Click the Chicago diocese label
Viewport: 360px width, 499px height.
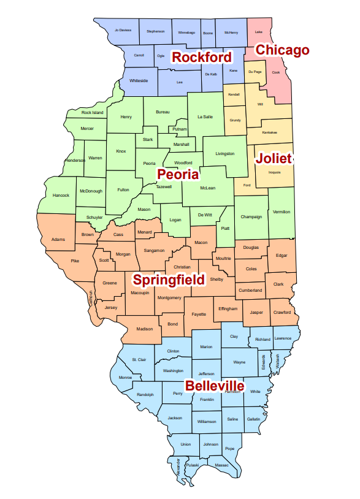click(282, 50)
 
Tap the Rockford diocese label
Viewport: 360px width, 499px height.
click(202, 58)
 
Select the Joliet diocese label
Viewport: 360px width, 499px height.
click(274, 158)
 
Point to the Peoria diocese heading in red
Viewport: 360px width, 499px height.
click(178, 174)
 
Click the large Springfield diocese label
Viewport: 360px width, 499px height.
click(169, 280)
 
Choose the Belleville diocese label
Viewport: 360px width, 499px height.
click(215, 386)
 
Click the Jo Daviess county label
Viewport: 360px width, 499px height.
click(123, 30)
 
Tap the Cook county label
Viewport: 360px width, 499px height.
click(276, 72)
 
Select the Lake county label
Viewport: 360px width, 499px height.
click(259, 31)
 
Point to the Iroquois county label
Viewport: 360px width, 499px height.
click(274, 172)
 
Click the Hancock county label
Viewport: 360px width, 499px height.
click(61, 195)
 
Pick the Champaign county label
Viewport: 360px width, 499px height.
click(251, 216)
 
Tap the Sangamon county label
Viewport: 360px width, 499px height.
click(154, 250)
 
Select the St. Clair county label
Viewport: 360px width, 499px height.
click(139, 359)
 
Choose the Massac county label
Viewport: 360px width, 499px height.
click(222, 465)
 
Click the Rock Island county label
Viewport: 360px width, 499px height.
click(93, 113)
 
